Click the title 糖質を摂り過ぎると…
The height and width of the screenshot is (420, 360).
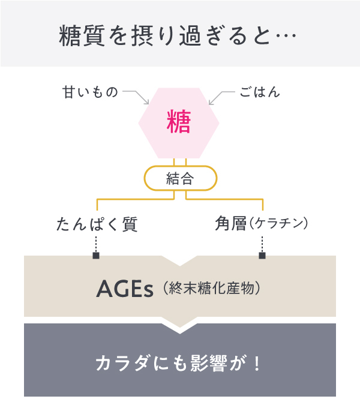[x=178, y=35]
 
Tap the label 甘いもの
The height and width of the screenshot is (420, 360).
[x=90, y=92]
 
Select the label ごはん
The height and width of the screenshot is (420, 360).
[x=260, y=92]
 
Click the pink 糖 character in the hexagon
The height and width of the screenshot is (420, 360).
[x=179, y=122]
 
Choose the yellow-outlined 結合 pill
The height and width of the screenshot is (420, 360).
[x=180, y=178]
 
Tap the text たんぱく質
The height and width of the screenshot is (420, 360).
[x=97, y=224]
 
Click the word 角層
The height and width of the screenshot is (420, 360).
[x=231, y=223]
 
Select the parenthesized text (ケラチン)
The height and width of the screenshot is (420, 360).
[x=278, y=224]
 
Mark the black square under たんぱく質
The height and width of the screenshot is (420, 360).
[x=96, y=256]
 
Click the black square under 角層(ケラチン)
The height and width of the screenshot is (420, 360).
[x=262, y=256]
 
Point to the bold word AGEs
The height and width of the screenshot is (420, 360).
[x=125, y=289]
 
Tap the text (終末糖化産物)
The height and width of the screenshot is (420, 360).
[x=212, y=288]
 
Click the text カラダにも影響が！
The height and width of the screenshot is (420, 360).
[x=178, y=363]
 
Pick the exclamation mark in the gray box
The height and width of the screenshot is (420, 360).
[x=257, y=363]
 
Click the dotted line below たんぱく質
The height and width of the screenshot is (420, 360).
[x=96, y=244]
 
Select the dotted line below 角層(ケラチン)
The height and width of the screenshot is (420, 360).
[x=262, y=244]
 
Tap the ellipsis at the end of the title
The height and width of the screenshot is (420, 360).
[x=286, y=35]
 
